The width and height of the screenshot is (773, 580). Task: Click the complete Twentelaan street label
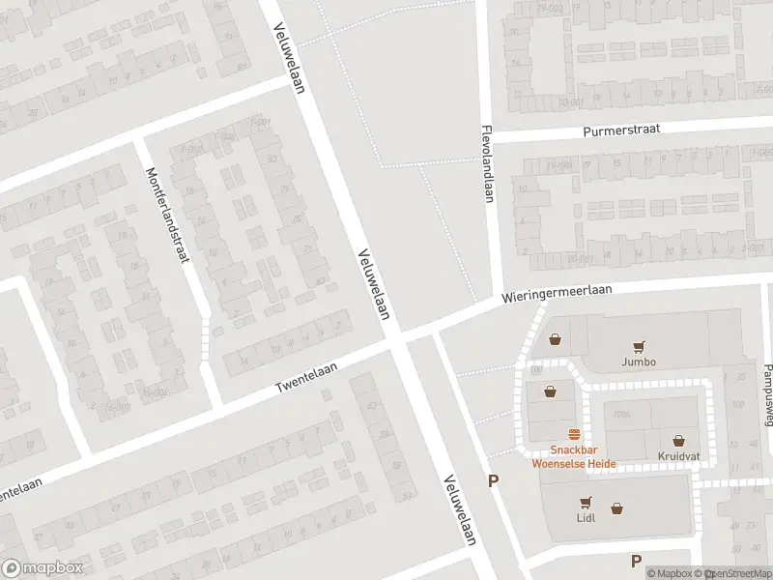pos(309,376)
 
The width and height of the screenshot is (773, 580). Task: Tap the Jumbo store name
pos(639,362)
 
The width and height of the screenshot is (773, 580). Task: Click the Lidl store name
pos(586,517)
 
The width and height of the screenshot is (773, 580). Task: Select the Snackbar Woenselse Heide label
pos(574,455)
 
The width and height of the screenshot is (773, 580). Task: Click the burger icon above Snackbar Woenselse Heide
pos(574,435)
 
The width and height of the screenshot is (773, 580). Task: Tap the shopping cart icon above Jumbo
pos(639,346)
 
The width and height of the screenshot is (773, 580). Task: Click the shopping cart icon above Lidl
pos(586,502)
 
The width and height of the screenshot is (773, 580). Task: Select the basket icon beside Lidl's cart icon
pos(616,507)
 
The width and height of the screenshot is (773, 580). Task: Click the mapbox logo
pos(43,568)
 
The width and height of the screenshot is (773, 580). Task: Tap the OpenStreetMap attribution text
pos(739,573)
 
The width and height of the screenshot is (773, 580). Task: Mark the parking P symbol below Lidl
pos(636,561)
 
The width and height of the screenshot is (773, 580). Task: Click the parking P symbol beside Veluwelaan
pos(494,480)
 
